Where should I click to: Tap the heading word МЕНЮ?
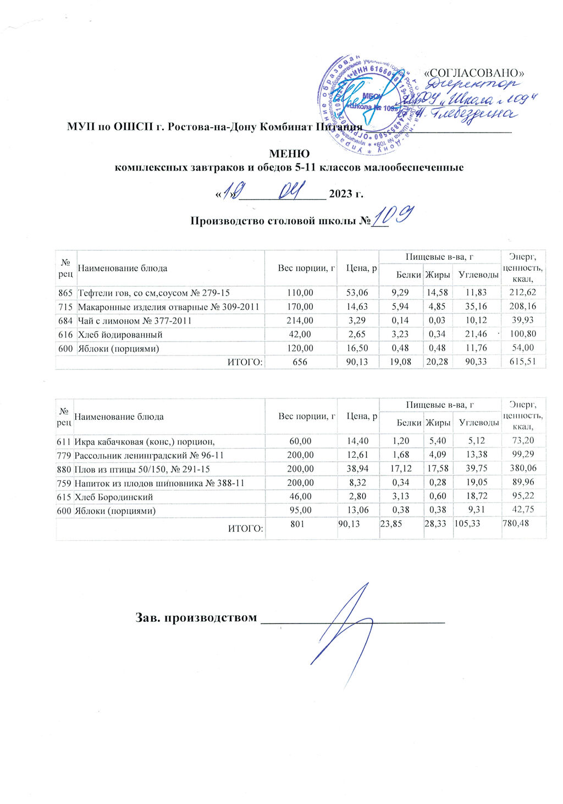pyautogui.click(x=289, y=154)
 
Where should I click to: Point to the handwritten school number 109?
pyautogui.click(x=393, y=217)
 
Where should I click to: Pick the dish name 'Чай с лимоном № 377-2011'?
pyautogui.click(x=135, y=321)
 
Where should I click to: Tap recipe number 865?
pyautogui.click(x=65, y=293)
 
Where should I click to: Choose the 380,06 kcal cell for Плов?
pyautogui.click(x=522, y=469)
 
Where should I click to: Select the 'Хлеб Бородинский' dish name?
pyautogui.click(x=113, y=497)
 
